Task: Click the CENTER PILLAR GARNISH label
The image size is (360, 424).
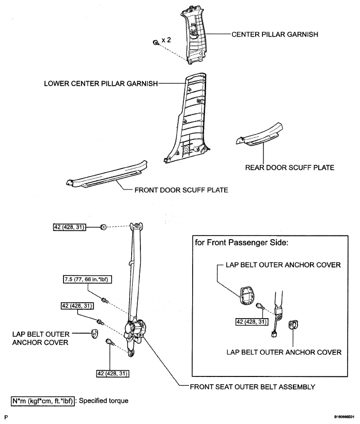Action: pyautogui.click(x=275, y=34)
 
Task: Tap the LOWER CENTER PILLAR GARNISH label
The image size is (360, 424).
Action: pyautogui.click(x=101, y=84)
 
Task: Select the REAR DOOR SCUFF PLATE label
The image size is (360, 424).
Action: pyautogui.click(x=290, y=168)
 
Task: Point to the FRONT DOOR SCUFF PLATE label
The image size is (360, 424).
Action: pyautogui.click(x=181, y=190)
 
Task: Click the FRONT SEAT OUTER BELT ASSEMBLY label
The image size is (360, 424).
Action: pyautogui.click(x=253, y=387)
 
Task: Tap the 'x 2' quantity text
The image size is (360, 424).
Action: pyautogui.click(x=166, y=40)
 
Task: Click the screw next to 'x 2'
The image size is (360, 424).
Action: pyautogui.click(x=156, y=42)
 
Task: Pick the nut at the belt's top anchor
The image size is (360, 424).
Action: pyautogui.click(x=103, y=227)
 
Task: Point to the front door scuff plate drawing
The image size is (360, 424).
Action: pyautogui.click(x=107, y=175)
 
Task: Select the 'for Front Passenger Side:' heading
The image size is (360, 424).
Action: pyautogui.click(x=242, y=243)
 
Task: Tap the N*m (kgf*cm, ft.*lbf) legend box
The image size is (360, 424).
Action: pyautogui.click(x=43, y=401)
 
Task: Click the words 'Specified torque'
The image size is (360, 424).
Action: pyautogui.click(x=104, y=400)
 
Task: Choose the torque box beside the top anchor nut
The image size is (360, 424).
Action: pyautogui.click(x=69, y=227)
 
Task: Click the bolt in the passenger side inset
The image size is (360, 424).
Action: pyautogui.click(x=260, y=306)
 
